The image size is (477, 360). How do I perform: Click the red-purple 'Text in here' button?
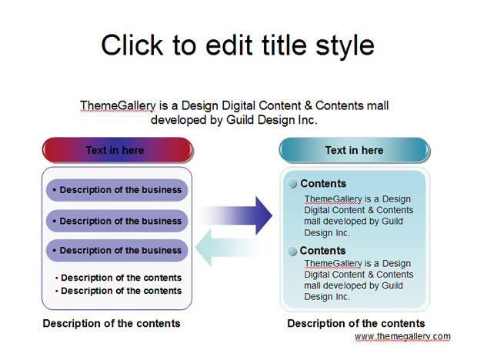pyautogui.click(x=118, y=150)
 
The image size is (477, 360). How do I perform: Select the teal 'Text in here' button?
pyautogui.click(x=354, y=150)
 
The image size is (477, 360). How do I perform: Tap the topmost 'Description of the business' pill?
pyautogui.click(x=117, y=190)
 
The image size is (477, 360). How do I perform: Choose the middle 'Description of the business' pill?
pyautogui.click(x=117, y=221)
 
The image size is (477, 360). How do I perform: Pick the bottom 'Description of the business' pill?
pyautogui.click(x=117, y=251)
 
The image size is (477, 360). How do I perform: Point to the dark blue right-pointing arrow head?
pyautogui.click(x=263, y=215)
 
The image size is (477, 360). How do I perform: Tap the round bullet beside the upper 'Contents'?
pyautogui.click(x=292, y=183)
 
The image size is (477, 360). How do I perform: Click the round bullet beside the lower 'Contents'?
pyautogui.click(x=292, y=251)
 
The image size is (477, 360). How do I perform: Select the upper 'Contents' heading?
pyautogui.click(x=323, y=184)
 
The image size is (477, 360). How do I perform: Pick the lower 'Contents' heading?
pyautogui.click(x=323, y=251)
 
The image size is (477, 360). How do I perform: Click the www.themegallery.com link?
pyautogui.click(x=402, y=337)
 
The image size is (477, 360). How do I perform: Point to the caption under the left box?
pyautogui.click(x=112, y=323)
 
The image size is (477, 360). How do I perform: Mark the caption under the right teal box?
pyautogui.click(x=356, y=323)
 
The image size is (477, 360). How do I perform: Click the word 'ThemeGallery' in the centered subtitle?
pyautogui.click(x=118, y=106)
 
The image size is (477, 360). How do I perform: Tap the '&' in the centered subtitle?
pyautogui.click(x=309, y=105)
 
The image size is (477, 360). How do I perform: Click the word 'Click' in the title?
pyautogui.click(x=132, y=45)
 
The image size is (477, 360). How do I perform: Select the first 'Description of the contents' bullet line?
pyautogui.click(x=118, y=278)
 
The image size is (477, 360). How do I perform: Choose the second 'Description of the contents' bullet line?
pyautogui.click(x=118, y=291)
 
